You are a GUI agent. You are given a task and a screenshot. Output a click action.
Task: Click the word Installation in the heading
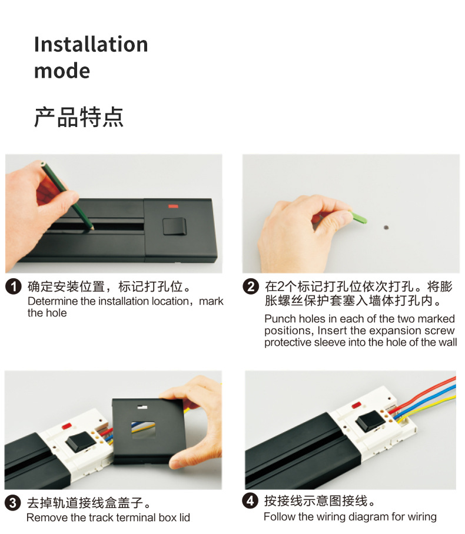91,45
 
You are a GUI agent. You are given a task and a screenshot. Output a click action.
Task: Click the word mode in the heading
62,71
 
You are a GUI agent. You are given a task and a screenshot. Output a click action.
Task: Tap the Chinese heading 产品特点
78,117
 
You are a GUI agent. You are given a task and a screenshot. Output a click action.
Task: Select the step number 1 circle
14,288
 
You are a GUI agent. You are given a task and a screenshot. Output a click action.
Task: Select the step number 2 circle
251,287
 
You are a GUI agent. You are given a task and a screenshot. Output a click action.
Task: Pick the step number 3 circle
12,503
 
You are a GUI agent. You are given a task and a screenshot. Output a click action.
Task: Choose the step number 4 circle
251,501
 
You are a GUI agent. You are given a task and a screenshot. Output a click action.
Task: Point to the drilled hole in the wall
386,226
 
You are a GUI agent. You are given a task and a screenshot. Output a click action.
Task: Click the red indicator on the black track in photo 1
173,206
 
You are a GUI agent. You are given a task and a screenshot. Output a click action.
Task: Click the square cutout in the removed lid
140,429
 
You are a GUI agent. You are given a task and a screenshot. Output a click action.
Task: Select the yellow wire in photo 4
436,403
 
